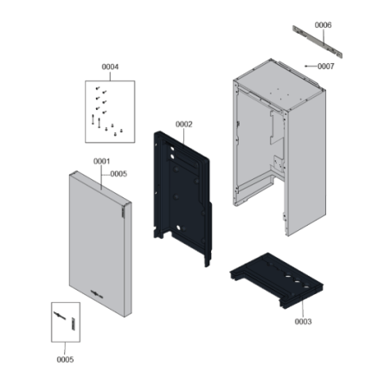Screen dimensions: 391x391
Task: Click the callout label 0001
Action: tap(101, 161)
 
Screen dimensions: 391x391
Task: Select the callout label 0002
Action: tap(184, 125)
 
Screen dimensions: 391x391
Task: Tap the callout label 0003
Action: tap(303, 322)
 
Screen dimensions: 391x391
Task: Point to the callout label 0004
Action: tap(110, 67)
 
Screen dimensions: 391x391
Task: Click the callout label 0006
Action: tap(323, 25)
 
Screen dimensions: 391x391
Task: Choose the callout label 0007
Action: tap(326, 67)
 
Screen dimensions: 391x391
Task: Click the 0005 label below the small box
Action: tap(65, 360)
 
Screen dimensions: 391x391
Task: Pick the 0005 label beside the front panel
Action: tap(119, 174)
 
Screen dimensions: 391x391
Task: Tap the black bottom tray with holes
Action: tap(277, 279)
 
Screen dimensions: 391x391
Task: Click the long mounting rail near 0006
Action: tap(317, 42)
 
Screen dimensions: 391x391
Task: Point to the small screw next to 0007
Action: tap(306, 66)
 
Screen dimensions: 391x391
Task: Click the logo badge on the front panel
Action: tap(97, 294)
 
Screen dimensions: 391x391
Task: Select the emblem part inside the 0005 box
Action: tap(60, 316)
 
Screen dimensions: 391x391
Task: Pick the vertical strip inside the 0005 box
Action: tap(74, 324)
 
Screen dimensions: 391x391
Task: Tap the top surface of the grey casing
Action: tap(279, 84)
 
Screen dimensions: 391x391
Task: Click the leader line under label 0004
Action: tap(110, 76)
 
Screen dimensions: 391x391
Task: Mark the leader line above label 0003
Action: tap(303, 307)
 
